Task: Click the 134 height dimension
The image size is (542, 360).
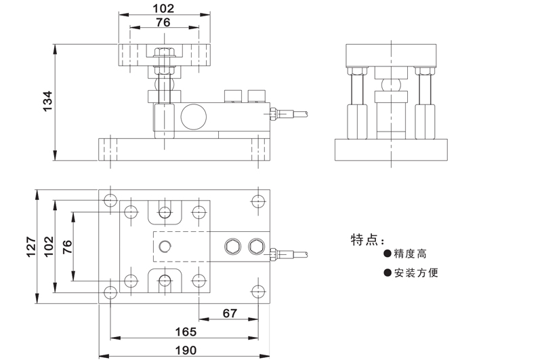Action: pos(47,102)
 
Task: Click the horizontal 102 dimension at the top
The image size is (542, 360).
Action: pos(164,9)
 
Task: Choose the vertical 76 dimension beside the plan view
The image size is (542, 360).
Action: pos(66,246)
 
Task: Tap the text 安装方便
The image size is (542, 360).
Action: pos(417,273)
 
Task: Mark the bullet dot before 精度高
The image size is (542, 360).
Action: pos(388,255)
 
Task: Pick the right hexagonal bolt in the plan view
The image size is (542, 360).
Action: pos(255,246)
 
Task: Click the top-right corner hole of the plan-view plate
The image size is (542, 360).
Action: pos(257,201)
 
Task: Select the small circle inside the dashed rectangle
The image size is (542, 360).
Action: pos(165,247)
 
